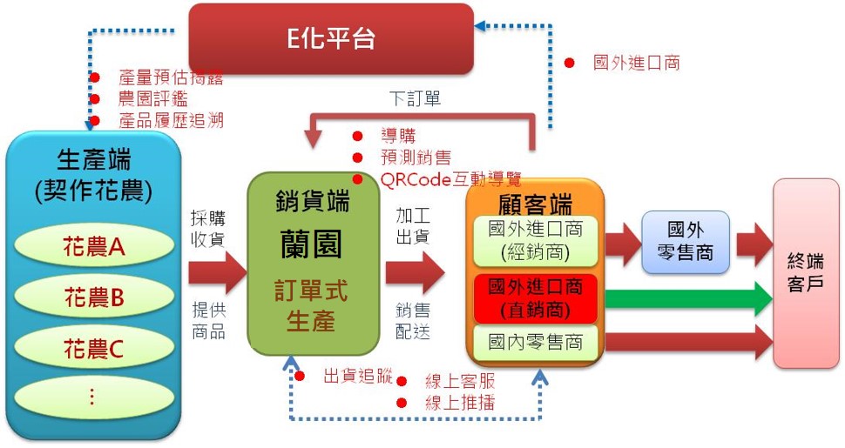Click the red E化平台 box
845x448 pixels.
coord(331,39)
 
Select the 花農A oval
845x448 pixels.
coord(94,247)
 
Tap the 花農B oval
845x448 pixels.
coord(94,297)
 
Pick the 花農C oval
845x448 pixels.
coord(94,348)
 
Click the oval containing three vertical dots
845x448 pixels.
coord(94,398)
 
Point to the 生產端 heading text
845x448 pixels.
coord(94,160)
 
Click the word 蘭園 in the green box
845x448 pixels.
coord(311,244)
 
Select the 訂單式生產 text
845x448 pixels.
coord(311,305)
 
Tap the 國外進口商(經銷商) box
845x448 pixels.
coord(535,241)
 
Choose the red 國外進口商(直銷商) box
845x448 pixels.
coord(535,298)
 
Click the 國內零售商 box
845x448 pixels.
coord(535,343)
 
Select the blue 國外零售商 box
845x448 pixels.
coord(686,241)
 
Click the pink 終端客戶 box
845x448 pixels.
coord(806,273)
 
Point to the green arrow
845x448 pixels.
coord(688,298)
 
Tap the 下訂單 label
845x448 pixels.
coord(415,98)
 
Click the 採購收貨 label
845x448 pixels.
coord(208,228)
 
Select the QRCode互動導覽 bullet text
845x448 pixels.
coord(450,179)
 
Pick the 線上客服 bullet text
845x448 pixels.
coord(460,381)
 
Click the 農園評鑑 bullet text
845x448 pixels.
coord(153,99)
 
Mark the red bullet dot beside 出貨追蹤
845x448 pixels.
coord(300,376)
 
